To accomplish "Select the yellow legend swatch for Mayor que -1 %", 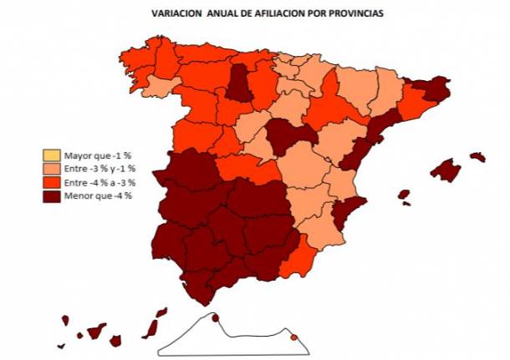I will click(x=52, y=155).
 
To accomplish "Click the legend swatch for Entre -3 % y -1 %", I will click(x=52, y=169).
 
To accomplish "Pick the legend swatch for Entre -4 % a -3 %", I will click(x=52, y=182).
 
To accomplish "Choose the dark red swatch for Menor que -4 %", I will click(x=52, y=195).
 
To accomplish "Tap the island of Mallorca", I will click(x=450, y=170).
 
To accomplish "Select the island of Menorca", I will click(x=478, y=156).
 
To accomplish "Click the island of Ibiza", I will click(x=404, y=195).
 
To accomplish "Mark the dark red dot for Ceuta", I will click(x=215, y=317).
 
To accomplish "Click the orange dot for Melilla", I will click(x=293, y=337).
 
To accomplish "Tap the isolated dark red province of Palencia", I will click(x=241, y=82).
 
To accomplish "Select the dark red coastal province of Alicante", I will click(x=346, y=212).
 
